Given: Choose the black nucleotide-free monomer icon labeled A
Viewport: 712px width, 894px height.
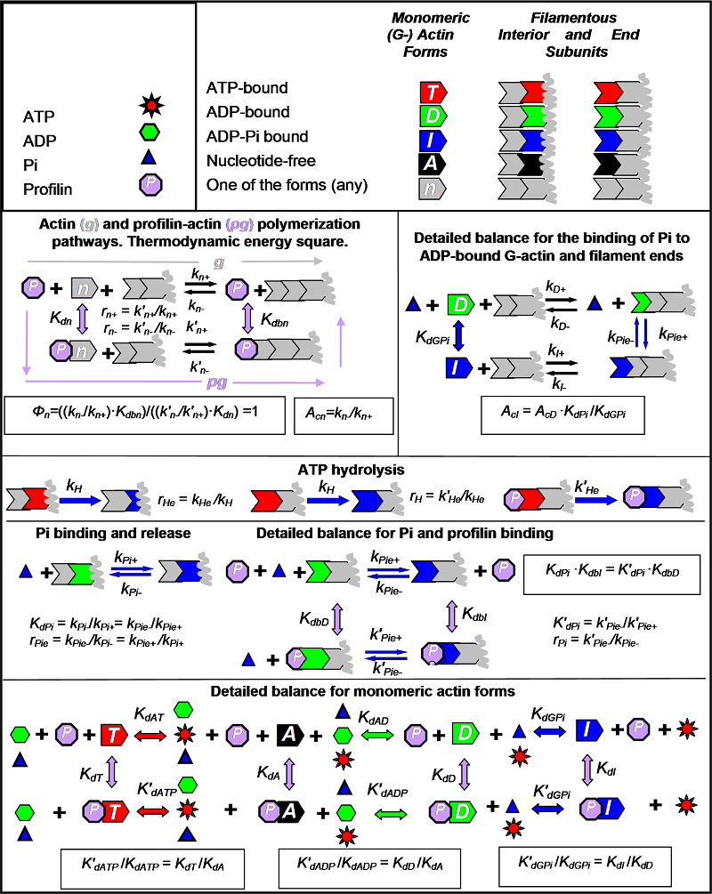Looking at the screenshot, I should click(433, 162).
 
